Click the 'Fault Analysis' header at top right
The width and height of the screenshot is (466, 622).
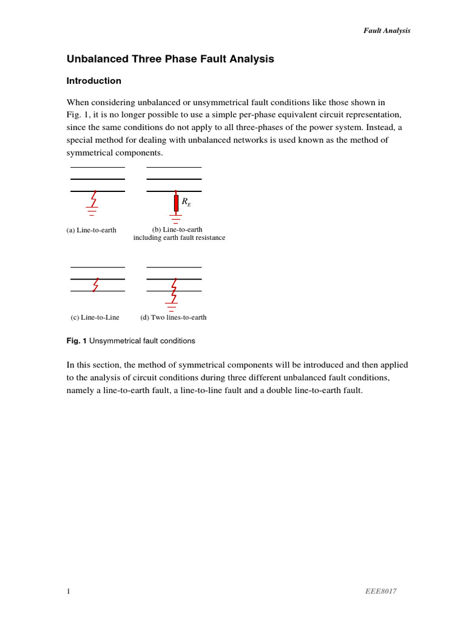(x=387, y=30)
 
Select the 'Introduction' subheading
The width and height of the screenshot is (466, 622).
(x=93, y=81)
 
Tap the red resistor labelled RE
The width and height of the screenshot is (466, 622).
(x=176, y=203)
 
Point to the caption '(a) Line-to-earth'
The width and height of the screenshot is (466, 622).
(x=91, y=230)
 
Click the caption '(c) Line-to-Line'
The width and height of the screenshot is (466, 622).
(x=95, y=317)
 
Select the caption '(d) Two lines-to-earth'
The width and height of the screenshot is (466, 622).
(x=173, y=317)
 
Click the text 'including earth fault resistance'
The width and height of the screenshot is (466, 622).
(x=179, y=238)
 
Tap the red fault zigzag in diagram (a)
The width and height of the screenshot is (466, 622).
(x=93, y=199)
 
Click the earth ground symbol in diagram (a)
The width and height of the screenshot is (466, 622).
(x=92, y=211)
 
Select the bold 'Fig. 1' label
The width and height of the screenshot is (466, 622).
(x=76, y=341)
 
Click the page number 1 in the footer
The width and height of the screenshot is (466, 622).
(x=69, y=591)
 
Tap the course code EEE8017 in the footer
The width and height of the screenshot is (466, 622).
(x=381, y=591)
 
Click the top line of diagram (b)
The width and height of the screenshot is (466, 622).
(x=174, y=167)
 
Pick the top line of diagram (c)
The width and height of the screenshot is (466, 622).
(x=98, y=267)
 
